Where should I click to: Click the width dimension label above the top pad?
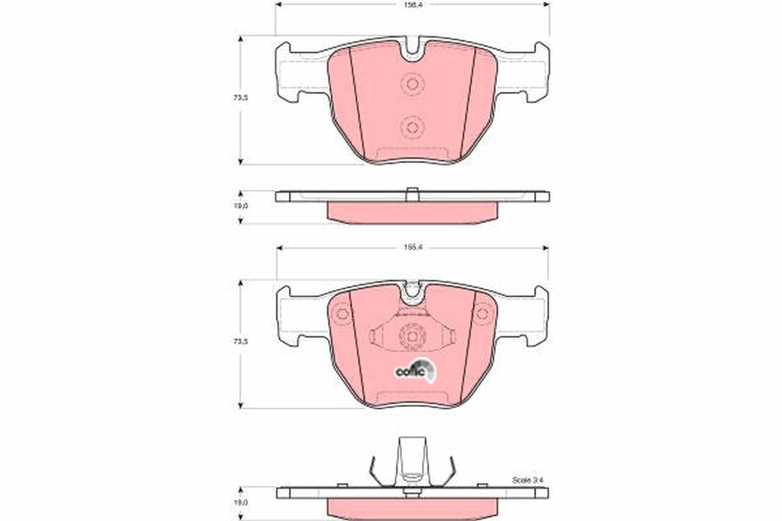412,3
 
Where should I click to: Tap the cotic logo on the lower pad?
412,370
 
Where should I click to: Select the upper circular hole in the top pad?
412,84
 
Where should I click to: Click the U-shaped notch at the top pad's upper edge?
412,51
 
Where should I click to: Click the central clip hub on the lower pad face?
412,336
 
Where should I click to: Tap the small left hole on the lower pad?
342,313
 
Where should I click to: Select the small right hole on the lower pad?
482,313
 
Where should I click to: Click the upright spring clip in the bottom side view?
412,461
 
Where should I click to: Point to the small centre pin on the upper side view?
412,193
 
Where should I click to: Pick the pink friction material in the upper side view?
412,212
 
